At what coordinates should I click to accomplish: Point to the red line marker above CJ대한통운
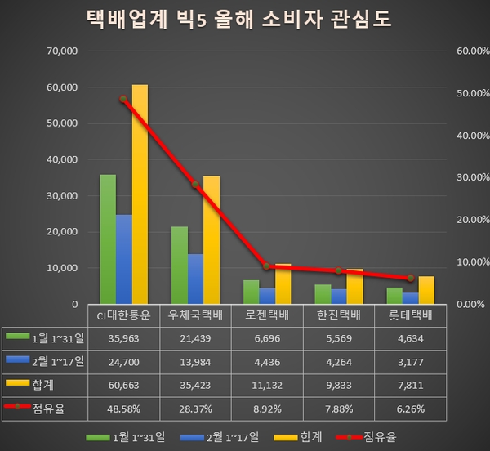tap(123, 99)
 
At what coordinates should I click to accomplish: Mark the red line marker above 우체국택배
tap(195, 185)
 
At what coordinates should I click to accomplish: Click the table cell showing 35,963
tap(123, 336)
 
